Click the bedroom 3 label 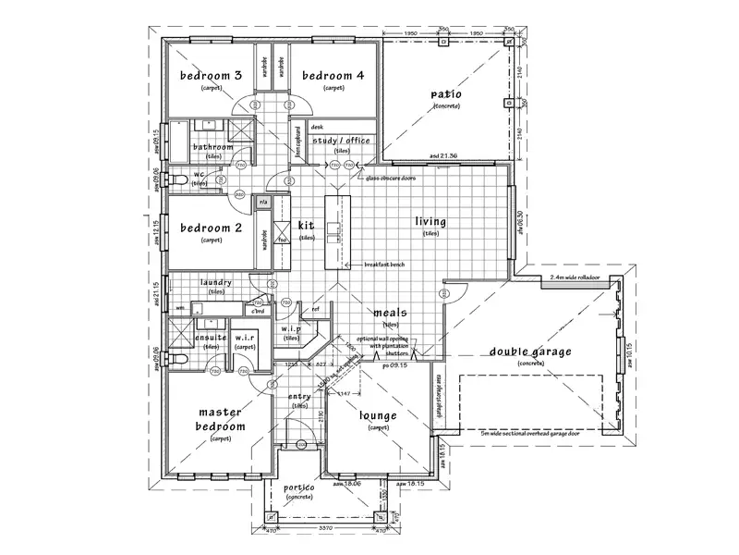[x=211, y=75]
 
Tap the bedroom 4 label [x=333, y=75]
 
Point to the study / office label [x=341, y=141]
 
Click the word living [x=430, y=222]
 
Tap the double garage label [x=530, y=351]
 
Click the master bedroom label [x=220, y=419]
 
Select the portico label [x=299, y=487]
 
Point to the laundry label [x=214, y=283]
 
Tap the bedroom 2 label [x=211, y=228]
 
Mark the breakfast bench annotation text [x=385, y=264]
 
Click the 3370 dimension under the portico [x=327, y=528]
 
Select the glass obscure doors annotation [x=393, y=176]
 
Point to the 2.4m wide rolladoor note [x=575, y=277]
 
